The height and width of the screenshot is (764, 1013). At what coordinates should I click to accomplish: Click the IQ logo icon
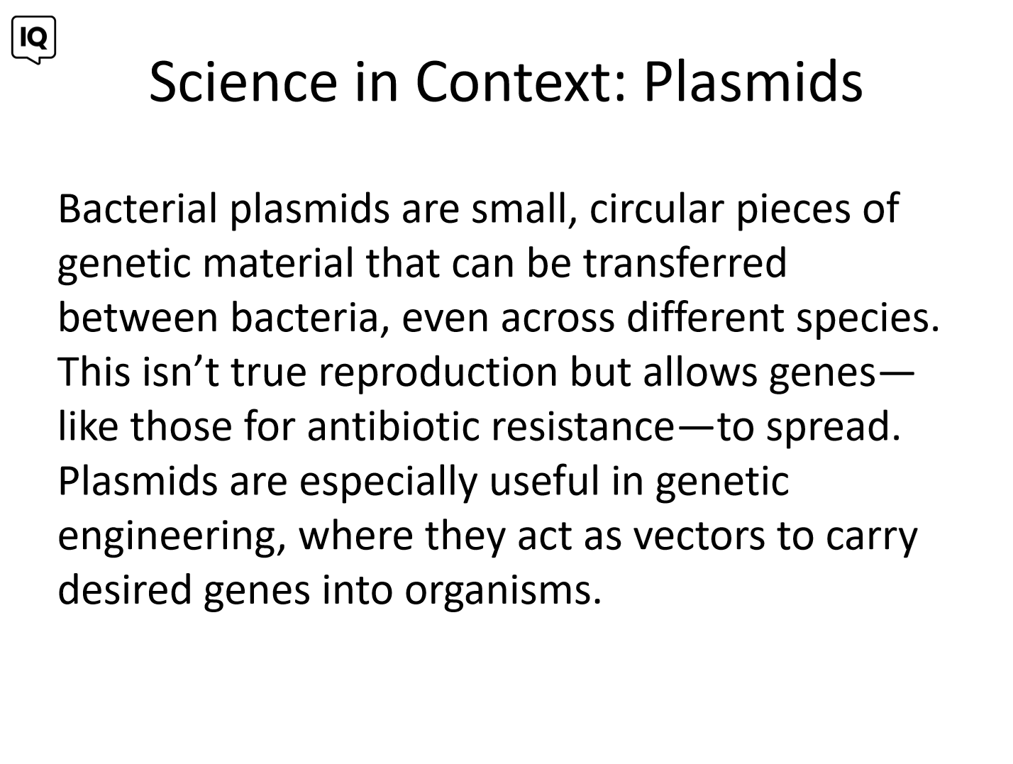coord(33,40)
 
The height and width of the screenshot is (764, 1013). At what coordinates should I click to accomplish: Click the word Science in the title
coord(243,82)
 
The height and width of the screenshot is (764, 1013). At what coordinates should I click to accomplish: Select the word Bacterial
coord(138,209)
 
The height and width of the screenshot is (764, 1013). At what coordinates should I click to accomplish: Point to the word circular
coord(657,209)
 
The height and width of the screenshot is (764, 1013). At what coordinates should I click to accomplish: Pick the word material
coord(278,263)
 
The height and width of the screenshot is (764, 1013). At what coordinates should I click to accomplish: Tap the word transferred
coord(685,263)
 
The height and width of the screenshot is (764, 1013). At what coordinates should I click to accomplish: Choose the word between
coord(138,317)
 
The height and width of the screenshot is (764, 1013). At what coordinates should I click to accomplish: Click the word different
coord(705,317)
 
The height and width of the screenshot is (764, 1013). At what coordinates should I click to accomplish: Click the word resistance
coord(583,426)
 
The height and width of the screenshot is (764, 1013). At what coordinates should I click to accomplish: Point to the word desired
coord(125,589)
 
